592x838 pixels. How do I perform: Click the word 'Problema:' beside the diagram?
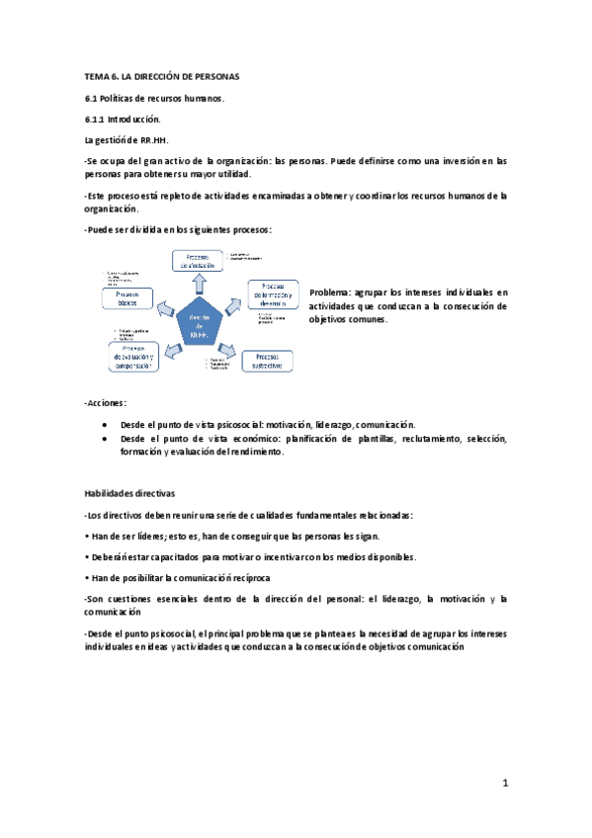point(333,293)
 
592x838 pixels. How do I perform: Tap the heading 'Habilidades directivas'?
point(129,491)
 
